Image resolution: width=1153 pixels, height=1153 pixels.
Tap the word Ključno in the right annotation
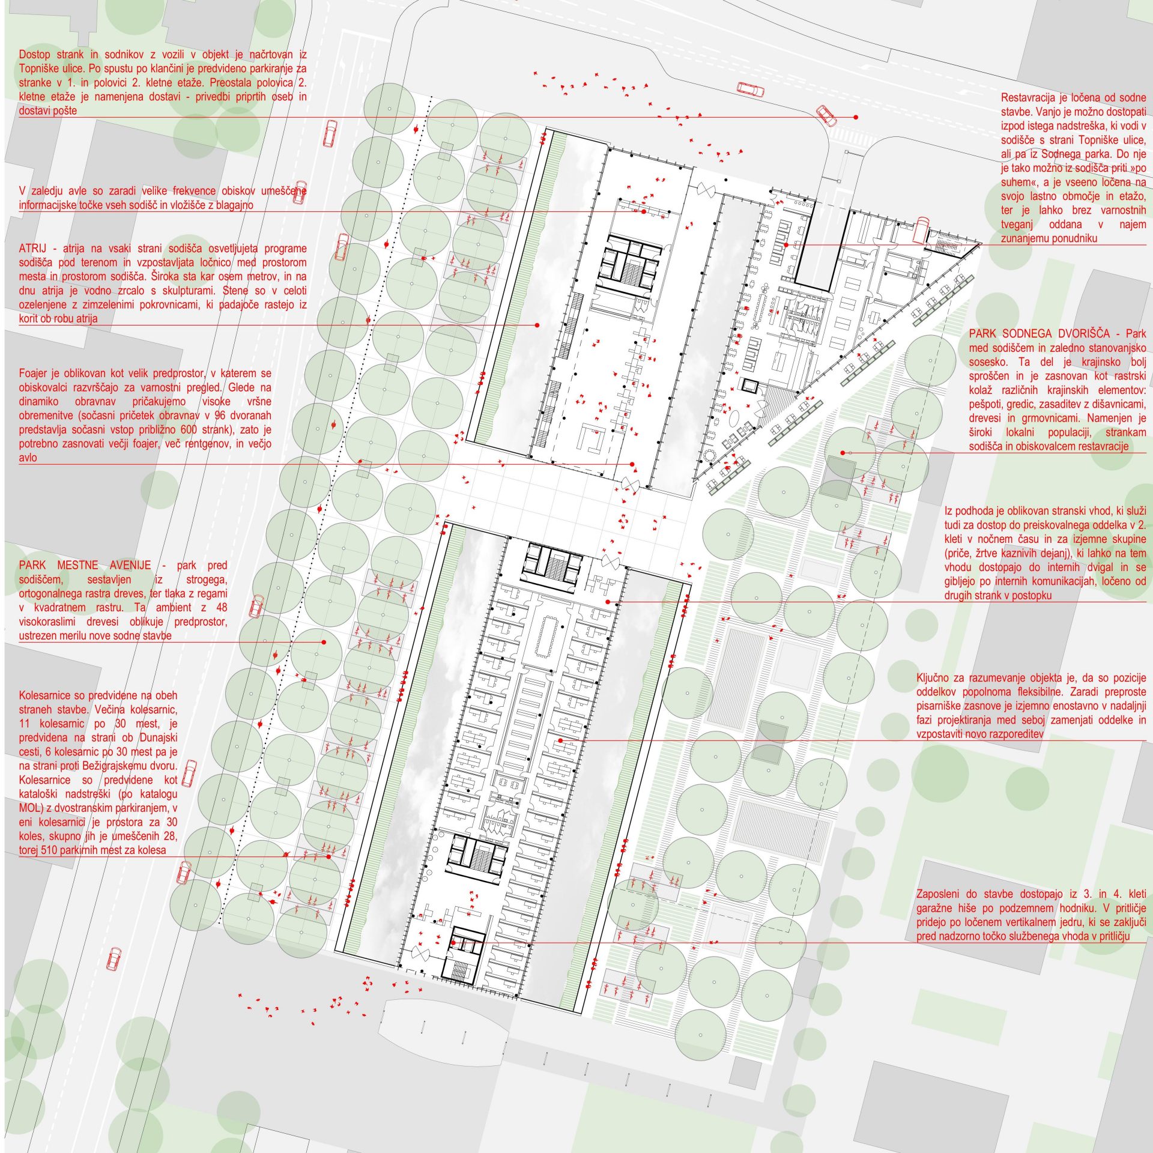[935, 678]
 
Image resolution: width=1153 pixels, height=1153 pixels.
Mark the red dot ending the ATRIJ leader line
[537, 325]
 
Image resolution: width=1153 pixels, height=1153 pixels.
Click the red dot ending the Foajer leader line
[632, 464]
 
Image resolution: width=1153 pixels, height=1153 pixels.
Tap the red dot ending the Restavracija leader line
[786, 244]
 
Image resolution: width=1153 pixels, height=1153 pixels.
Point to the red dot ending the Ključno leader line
[560, 740]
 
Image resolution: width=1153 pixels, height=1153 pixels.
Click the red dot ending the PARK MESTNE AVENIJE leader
[324, 642]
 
